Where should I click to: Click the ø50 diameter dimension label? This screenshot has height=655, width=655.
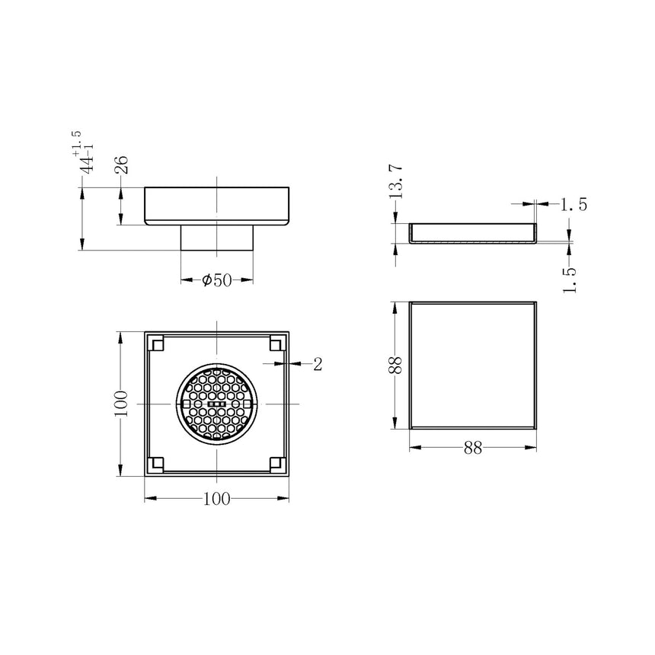click(216, 281)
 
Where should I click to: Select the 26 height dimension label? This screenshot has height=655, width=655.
click(121, 165)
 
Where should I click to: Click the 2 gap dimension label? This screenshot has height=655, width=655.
click(318, 365)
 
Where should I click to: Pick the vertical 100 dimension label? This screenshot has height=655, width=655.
click(120, 404)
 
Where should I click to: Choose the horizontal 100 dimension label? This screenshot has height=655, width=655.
click(218, 499)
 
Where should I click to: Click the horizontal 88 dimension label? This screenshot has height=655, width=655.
click(473, 449)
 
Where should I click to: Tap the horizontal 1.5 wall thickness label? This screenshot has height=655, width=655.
click(574, 204)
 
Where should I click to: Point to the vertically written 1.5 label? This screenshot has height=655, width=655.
click(569, 277)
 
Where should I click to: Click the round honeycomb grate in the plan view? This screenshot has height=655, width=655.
click(218, 404)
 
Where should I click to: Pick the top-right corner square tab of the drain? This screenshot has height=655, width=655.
click(276, 344)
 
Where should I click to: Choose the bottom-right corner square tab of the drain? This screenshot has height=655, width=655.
click(276, 462)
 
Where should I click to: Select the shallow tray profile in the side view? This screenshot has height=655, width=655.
click(473, 234)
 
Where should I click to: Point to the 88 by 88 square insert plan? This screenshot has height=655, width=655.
click(473, 366)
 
